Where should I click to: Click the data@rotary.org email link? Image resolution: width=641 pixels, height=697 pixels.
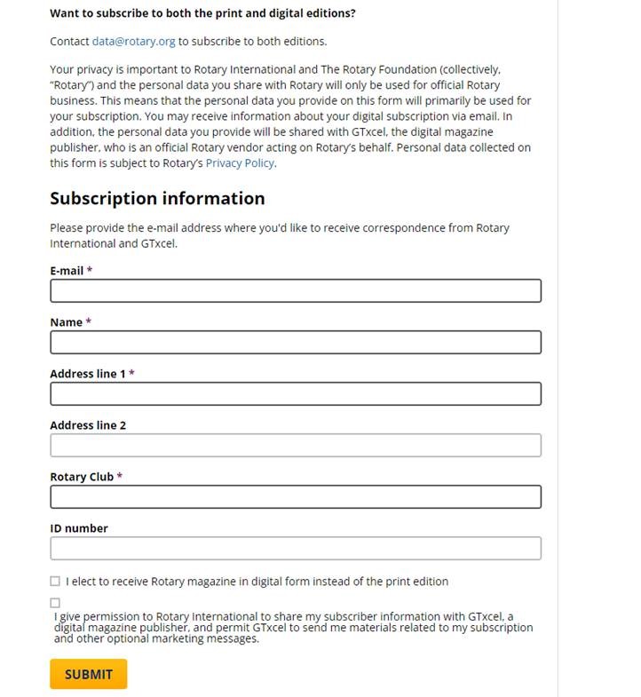133,41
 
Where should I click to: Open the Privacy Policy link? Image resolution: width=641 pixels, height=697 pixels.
240,163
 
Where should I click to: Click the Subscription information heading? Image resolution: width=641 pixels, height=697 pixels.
157,198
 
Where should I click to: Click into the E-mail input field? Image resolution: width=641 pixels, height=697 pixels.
295,291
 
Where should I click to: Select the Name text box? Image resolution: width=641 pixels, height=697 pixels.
295,343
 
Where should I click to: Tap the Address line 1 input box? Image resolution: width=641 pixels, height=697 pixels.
295,394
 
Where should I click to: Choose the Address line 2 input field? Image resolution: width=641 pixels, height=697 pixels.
295,446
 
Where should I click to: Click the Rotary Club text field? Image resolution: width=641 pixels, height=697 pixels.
295,497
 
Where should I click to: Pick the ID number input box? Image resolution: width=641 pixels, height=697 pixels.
295,549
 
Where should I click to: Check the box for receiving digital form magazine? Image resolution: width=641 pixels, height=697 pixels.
55,582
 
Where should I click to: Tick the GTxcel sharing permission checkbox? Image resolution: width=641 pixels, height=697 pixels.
55,603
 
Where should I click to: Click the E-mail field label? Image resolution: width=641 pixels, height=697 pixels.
67,271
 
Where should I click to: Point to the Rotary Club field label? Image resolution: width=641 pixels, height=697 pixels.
82,477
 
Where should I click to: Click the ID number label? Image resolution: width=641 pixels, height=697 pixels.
79,528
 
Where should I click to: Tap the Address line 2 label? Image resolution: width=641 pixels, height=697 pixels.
88,425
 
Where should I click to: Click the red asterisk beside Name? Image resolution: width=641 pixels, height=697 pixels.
89,322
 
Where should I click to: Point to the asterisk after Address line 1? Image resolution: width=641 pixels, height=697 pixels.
131,374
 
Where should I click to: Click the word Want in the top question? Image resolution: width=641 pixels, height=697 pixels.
64,14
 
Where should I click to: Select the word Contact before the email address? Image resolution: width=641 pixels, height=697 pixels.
69,41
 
